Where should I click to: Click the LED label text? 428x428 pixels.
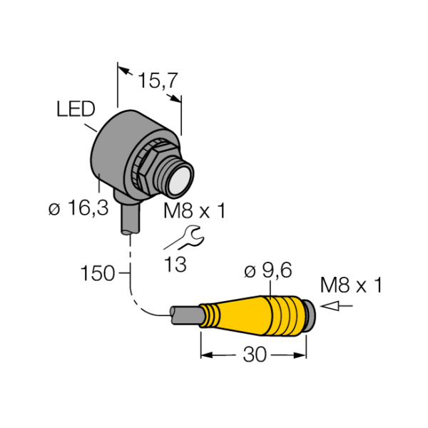(76, 109)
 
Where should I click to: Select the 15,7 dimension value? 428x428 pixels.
(158, 81)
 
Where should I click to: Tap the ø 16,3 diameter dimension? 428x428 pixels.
(78, 208)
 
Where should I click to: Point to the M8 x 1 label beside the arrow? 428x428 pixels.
(351, 285)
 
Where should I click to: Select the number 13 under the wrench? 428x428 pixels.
(175, 264)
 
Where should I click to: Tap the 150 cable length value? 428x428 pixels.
(98, 273)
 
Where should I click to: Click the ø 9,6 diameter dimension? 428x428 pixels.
(268, 271)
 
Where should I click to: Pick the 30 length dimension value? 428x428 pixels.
(255, 355)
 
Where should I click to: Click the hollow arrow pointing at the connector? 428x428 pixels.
(337, 306)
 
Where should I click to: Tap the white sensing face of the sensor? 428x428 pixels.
(179, 180)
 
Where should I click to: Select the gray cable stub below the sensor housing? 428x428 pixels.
(131, 220)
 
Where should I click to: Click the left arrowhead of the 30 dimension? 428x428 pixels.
(207, 355)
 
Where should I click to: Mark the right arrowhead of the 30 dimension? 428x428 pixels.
(300, 355)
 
